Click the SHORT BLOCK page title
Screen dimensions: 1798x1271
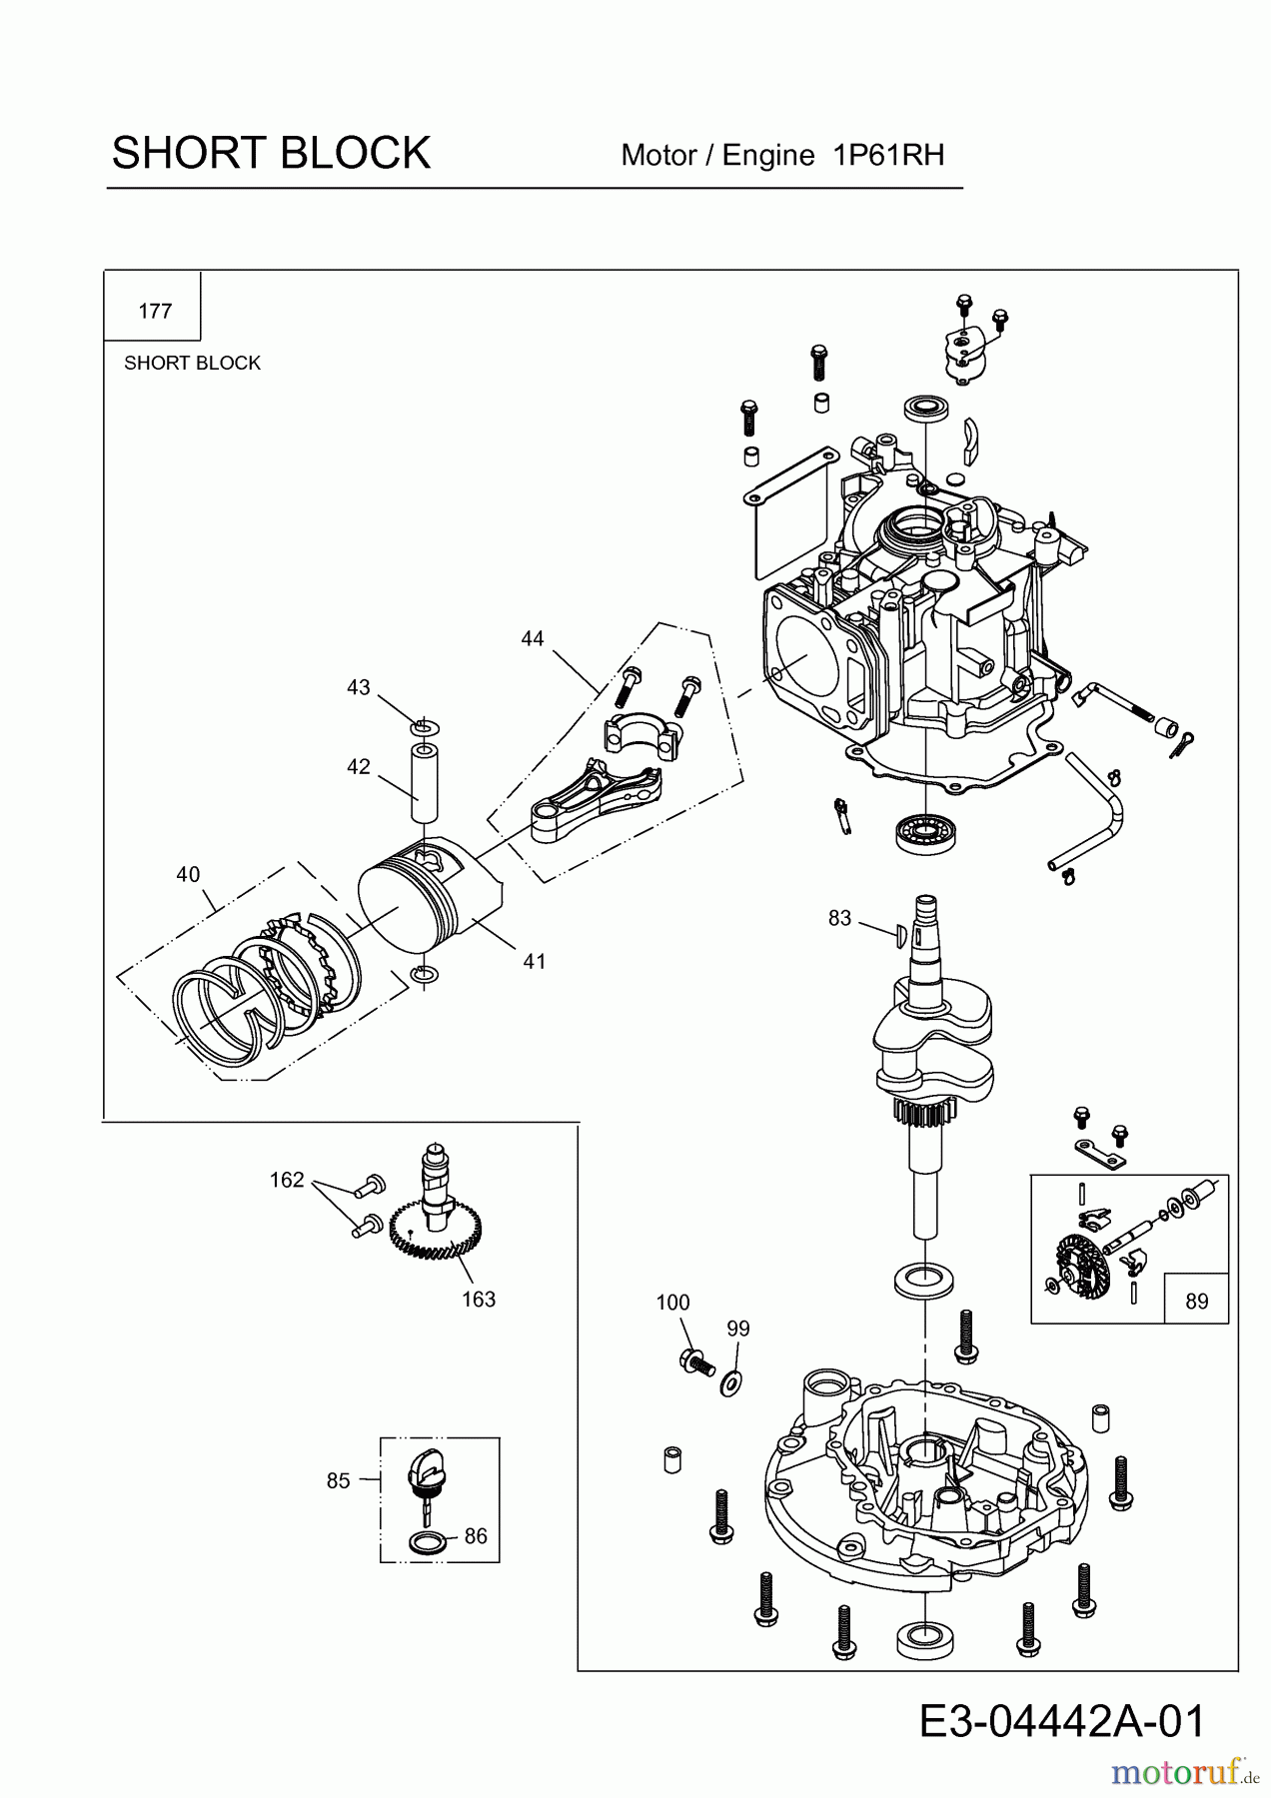[x=271, y=153]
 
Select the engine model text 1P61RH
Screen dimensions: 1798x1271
[x=888, y=155]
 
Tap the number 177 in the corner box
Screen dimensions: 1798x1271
[x=155, y=311]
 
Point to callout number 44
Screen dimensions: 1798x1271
[x=533, y=638]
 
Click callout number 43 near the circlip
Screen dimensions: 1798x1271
[x=359, y=687]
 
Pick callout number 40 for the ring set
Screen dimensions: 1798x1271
[x=188, y=874]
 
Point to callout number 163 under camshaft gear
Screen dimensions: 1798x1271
[x=479, y=1299]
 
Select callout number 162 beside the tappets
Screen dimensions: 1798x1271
[x=287, y=1180]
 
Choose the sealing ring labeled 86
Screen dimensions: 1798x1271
[x=428, y=1542]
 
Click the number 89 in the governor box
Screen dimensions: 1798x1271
[x=1196, y=1301]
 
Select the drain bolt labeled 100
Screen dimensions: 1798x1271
[x=695, y=1360]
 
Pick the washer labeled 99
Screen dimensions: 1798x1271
[x=731, y=1382]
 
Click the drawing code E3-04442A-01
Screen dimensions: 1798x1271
[x=1062, y=1722]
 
